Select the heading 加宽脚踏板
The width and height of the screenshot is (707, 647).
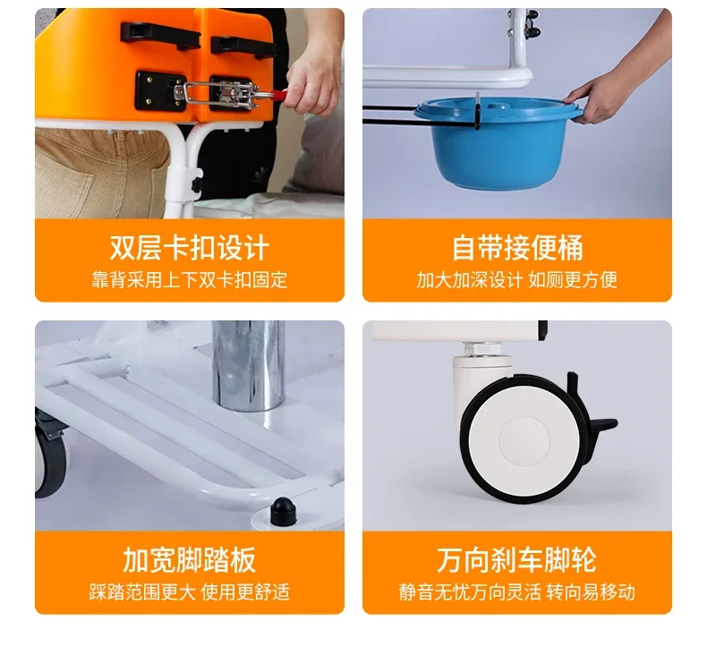pyautogui.click(x=189, y=560)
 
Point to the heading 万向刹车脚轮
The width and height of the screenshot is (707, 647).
pyautogui.click(x=516, y=560)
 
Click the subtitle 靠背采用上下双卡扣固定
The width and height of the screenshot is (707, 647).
pyautogui.click(x=189, y=280)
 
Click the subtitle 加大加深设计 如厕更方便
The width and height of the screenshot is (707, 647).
pyautogui.click(x=516, y=280)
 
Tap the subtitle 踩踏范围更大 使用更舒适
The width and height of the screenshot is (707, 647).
pyautogui.click(x=189, y=592)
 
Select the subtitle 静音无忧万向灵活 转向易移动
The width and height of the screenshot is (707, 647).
pyautogui.click(x=516, y=592)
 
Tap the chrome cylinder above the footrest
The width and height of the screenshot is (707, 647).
pyautogui.click(x=248, y=367)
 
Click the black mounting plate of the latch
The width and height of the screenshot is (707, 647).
pyautogui.click(x=159, y=91)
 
